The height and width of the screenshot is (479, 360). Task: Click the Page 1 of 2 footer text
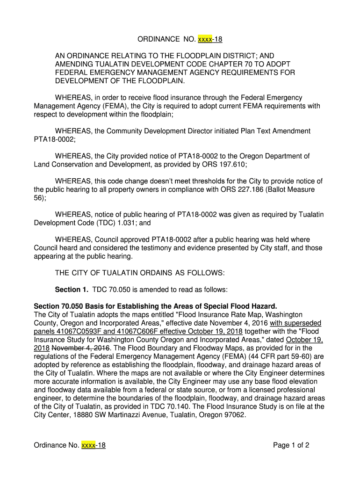[291, 445]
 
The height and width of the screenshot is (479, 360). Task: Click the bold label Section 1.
[72, 290]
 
